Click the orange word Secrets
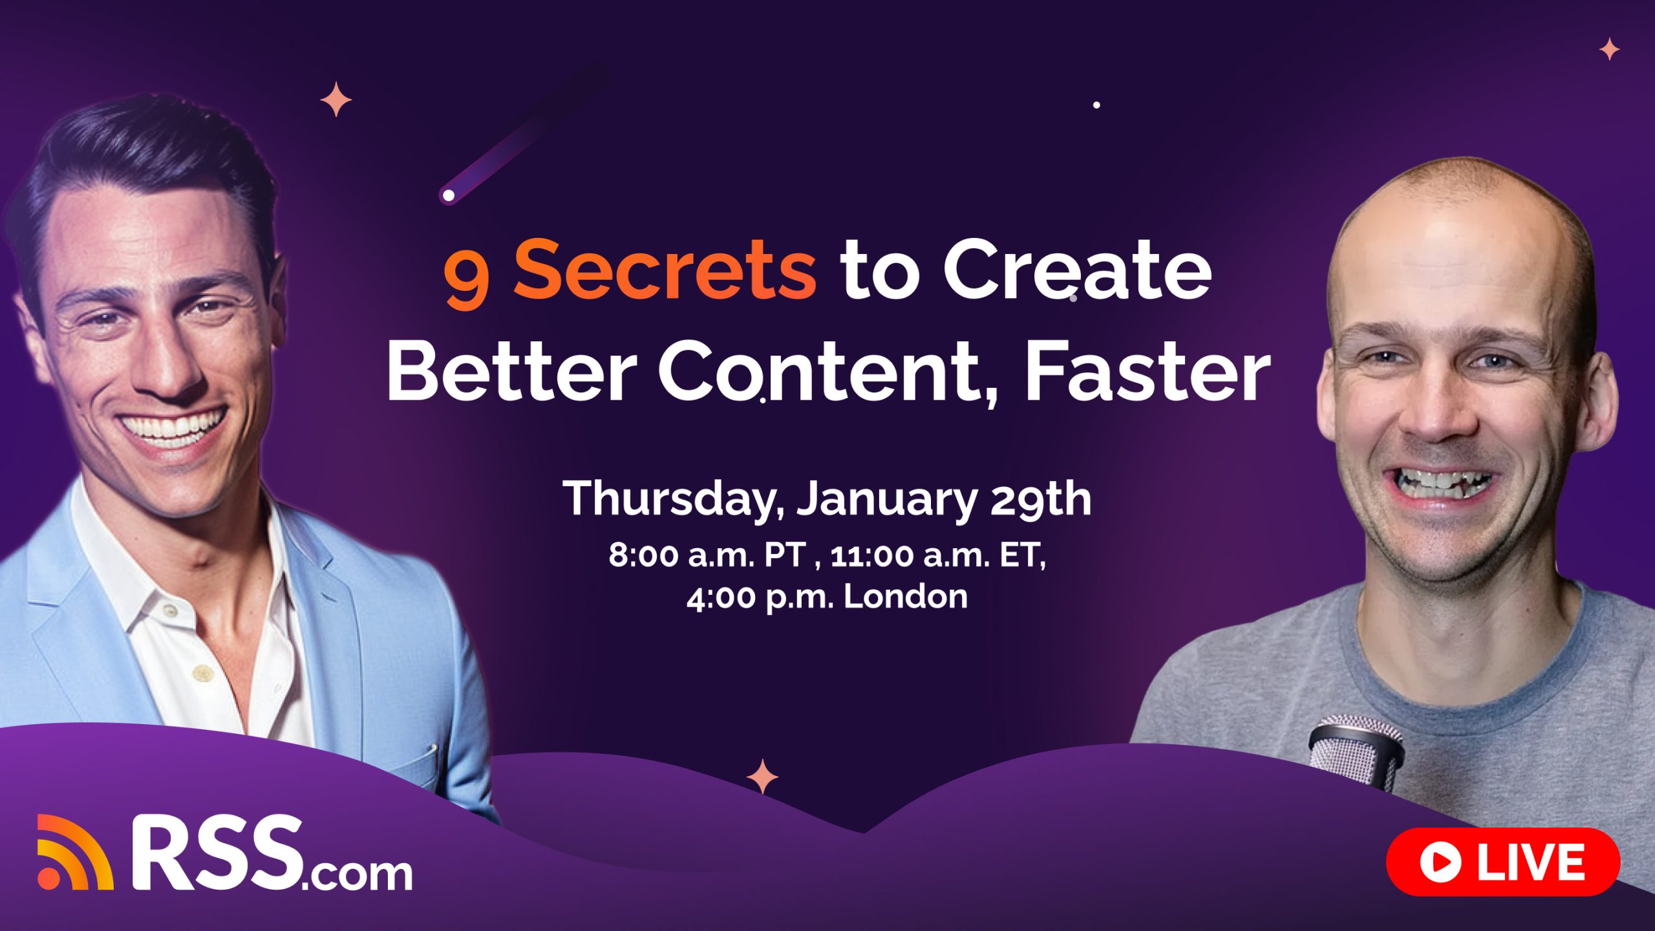pos(665,270)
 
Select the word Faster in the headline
pos(1147,374)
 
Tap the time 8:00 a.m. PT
pos(708,555)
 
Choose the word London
pos(905,596)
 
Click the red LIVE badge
pos(1502,861)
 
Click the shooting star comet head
pos(448,195)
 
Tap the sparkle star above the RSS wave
pos(763,776)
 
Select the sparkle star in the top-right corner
pos(1609,49)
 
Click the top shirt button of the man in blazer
pos(169,610)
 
